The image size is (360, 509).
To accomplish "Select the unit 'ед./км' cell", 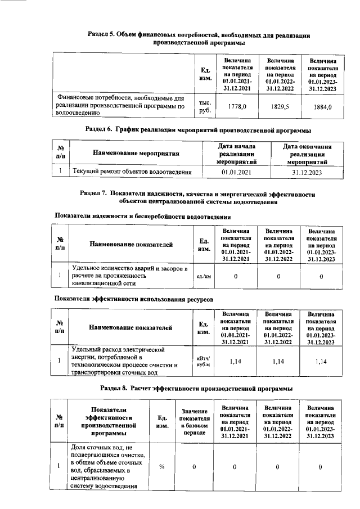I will [204, 276].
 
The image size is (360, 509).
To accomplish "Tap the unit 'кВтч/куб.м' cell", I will [204, 362].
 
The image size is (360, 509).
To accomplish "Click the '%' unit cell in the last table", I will [162, 467].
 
